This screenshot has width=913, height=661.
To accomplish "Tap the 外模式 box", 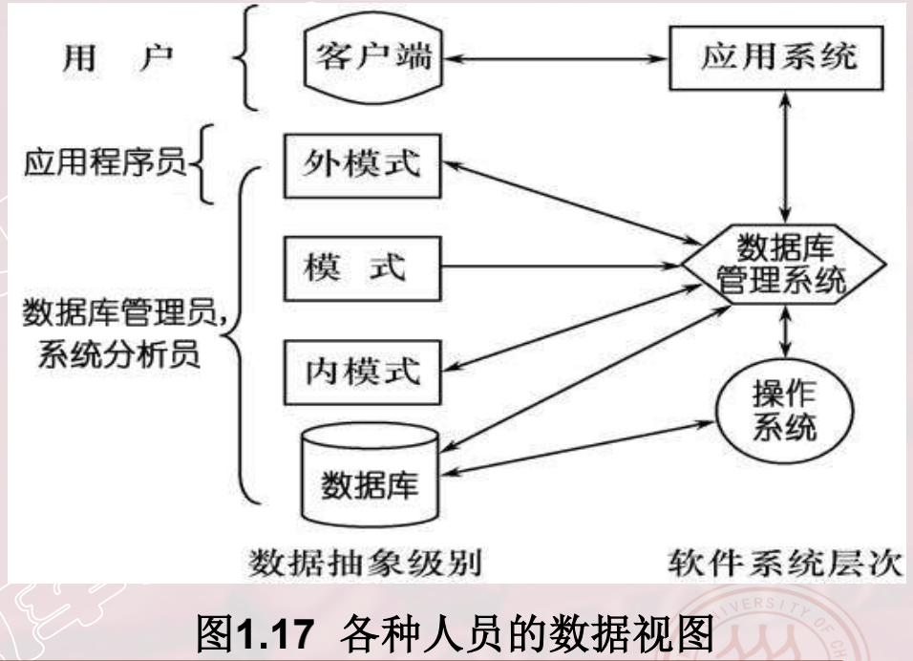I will [x=364, y=164].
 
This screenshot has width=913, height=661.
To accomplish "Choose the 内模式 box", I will [x=364, y=370].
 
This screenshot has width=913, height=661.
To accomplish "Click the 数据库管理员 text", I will [x=118, y=315].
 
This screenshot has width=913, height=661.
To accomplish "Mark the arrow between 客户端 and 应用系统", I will [x=559, y=59].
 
